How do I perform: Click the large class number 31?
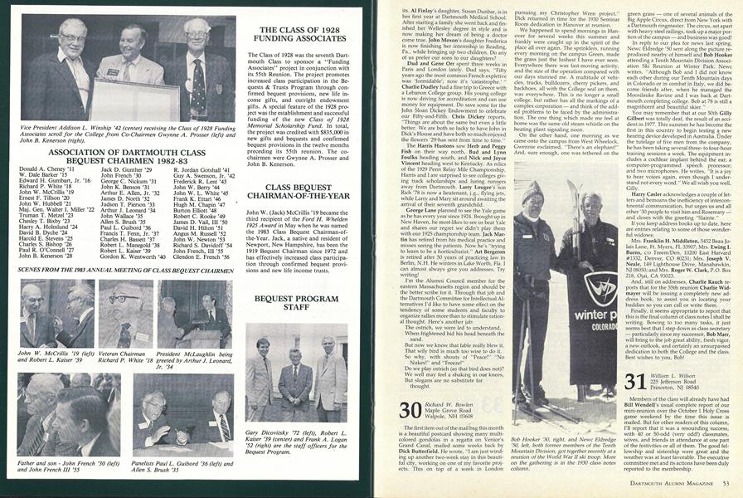[636, 382]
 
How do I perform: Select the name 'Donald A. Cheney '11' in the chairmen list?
[44, 168]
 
